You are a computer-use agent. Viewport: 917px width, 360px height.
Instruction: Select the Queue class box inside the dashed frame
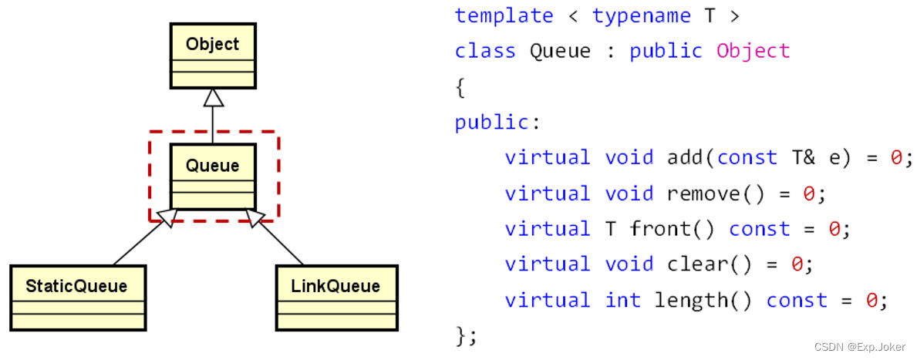212,177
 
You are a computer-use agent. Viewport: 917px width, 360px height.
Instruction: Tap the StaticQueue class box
77,298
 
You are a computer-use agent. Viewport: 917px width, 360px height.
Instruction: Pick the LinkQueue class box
335,298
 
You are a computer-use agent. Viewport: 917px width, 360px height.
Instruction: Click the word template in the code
504,16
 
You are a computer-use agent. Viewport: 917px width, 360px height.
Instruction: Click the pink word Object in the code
753,52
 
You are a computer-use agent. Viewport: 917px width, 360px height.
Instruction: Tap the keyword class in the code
485,52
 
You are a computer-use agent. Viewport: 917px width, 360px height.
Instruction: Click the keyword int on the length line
622,300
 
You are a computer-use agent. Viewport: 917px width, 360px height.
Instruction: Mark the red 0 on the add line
896,158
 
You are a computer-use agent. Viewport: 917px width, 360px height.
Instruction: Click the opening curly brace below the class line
460,87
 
